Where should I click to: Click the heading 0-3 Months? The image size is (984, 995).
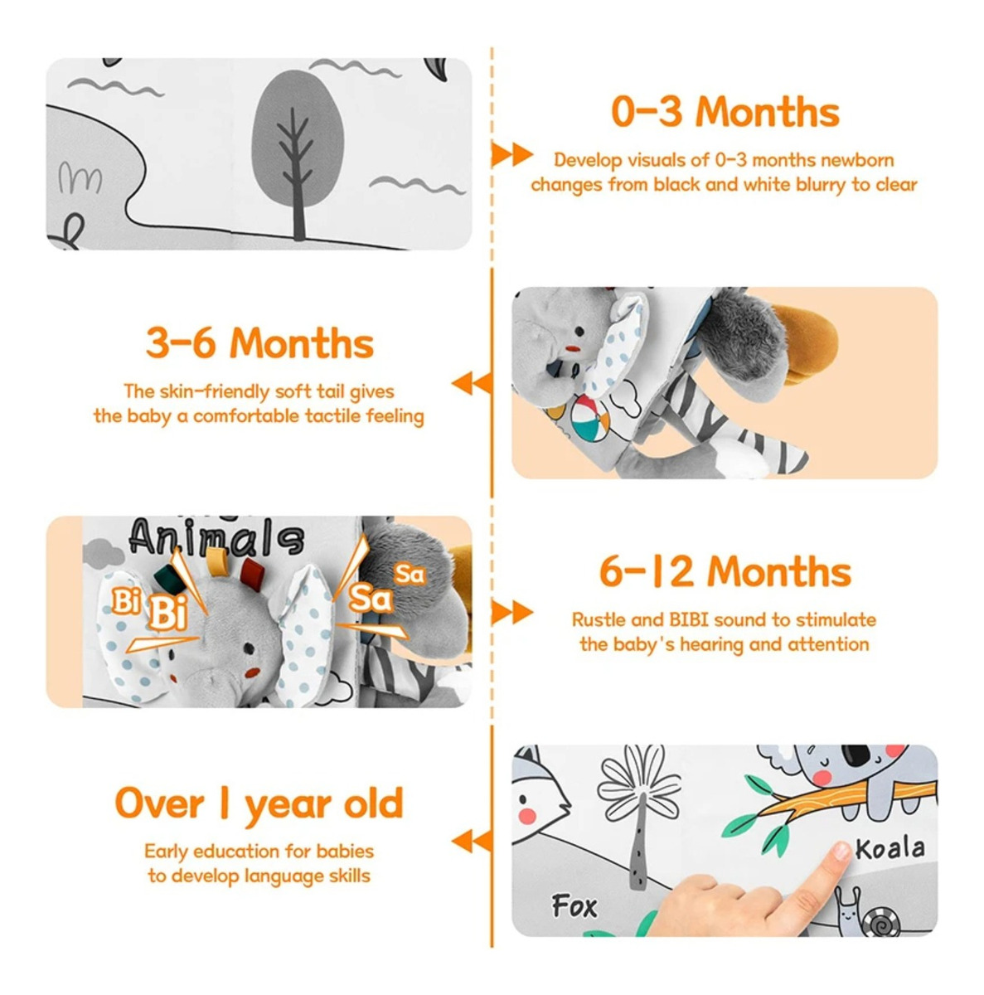[725, 112]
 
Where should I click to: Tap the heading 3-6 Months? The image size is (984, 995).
[259, 343]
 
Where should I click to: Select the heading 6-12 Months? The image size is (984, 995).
[725, 572]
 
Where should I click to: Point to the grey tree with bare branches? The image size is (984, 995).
[298, 155]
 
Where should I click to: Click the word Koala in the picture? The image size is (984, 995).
[890, 849]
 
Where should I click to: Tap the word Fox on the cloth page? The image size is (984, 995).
[574, 906]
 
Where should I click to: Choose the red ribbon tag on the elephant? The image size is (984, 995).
[254, 570]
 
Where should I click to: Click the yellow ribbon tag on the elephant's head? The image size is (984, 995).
[215, 558]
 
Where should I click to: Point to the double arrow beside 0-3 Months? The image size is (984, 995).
[511, 154]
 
